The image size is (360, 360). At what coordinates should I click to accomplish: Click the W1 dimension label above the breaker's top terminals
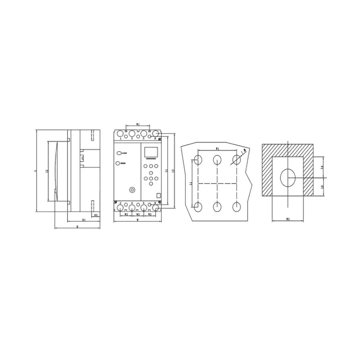pos(138,124)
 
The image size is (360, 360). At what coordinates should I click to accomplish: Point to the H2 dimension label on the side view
pos(96,216)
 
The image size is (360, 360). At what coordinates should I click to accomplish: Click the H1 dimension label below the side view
pos(84,220)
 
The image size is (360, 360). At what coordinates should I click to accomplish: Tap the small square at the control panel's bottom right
pos(158,196)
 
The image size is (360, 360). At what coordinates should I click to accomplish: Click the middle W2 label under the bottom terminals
pos(138,215)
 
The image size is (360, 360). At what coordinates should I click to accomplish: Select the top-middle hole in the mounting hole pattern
pos(217,159)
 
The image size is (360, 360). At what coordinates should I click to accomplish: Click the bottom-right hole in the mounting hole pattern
pos(236,207)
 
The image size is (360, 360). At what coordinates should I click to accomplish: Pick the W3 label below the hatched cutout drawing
pos(288,219)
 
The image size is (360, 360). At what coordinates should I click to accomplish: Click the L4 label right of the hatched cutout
pos(321,167)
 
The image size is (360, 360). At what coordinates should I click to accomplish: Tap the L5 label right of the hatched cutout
pos(321,187)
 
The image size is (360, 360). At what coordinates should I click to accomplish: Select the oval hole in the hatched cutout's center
pos(288,178)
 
